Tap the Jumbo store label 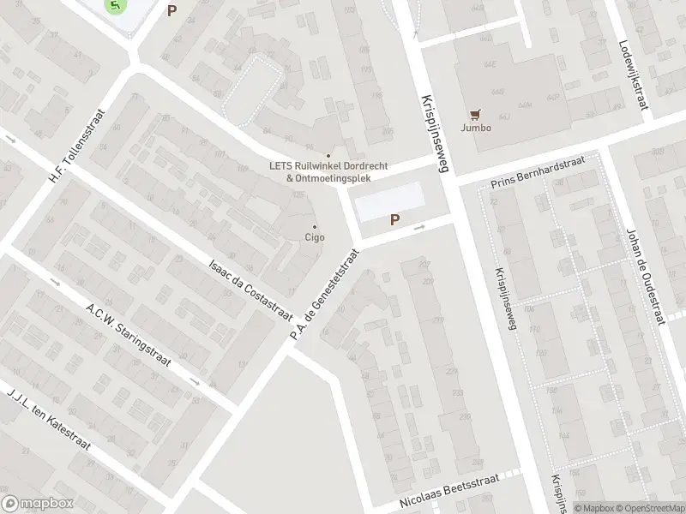tap(476, 128)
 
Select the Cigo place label tap(315, 237)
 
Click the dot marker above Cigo tap(315, 227)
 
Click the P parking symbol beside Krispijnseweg tap(394, 220)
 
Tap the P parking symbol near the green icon tap(172, 11)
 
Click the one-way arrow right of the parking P tap(418, 228)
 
